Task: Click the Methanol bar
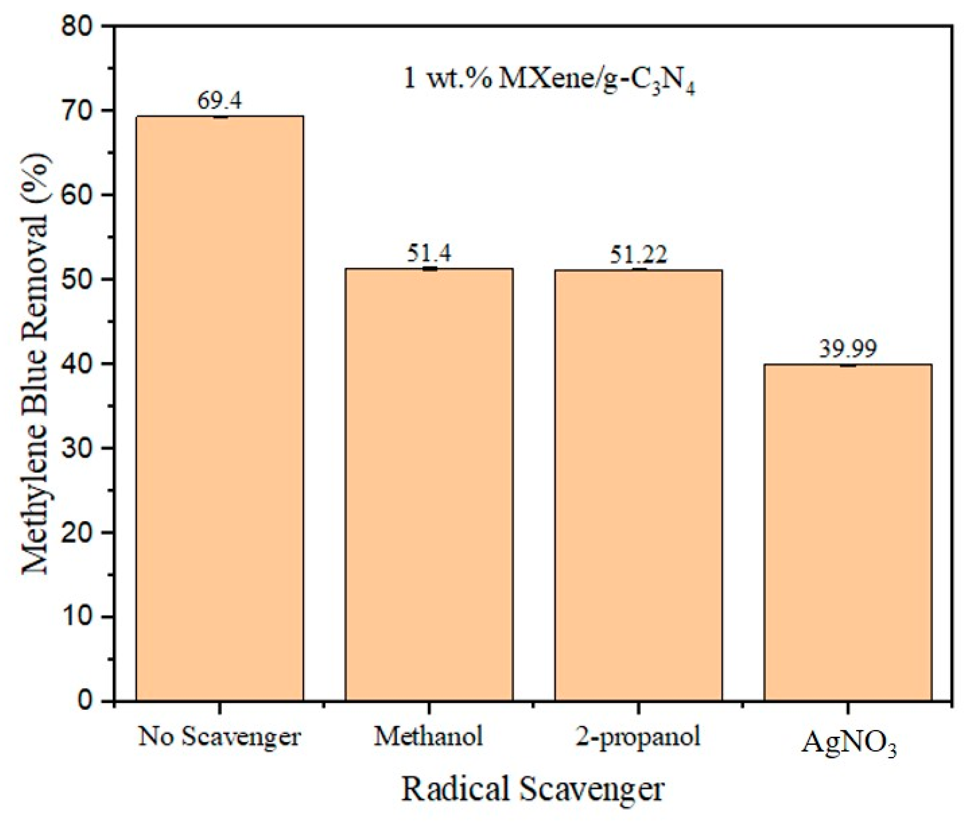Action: click(x=429, y=484)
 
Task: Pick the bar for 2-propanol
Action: click(x=638, y=485)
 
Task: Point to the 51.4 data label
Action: click(x=429, y=254)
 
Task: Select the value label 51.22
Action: click(x=638, y=255)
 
